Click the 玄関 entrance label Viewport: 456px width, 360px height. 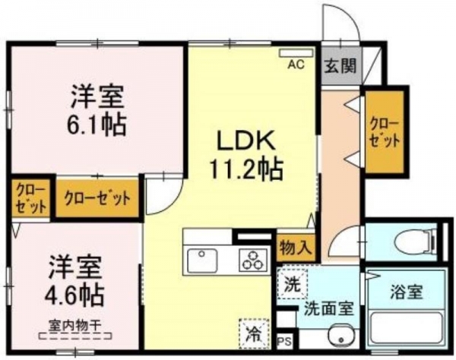point(340,65)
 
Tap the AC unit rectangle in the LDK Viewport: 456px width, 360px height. point(296,52)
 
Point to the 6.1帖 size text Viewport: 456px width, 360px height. point(97,125)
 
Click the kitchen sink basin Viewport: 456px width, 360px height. point(202,261)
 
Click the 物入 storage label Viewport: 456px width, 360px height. point(296,248)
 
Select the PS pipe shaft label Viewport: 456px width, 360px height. point(284,342)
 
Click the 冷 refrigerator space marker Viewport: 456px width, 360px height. point(254,333)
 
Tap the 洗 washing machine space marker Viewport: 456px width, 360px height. point(292,284)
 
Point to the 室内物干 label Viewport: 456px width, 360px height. point(75,325)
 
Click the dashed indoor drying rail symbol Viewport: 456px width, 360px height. point(75,336)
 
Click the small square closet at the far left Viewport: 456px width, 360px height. point(30,198)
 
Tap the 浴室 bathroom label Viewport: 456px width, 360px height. point(406,292)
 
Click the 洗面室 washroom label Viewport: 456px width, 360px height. point(329,308)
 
